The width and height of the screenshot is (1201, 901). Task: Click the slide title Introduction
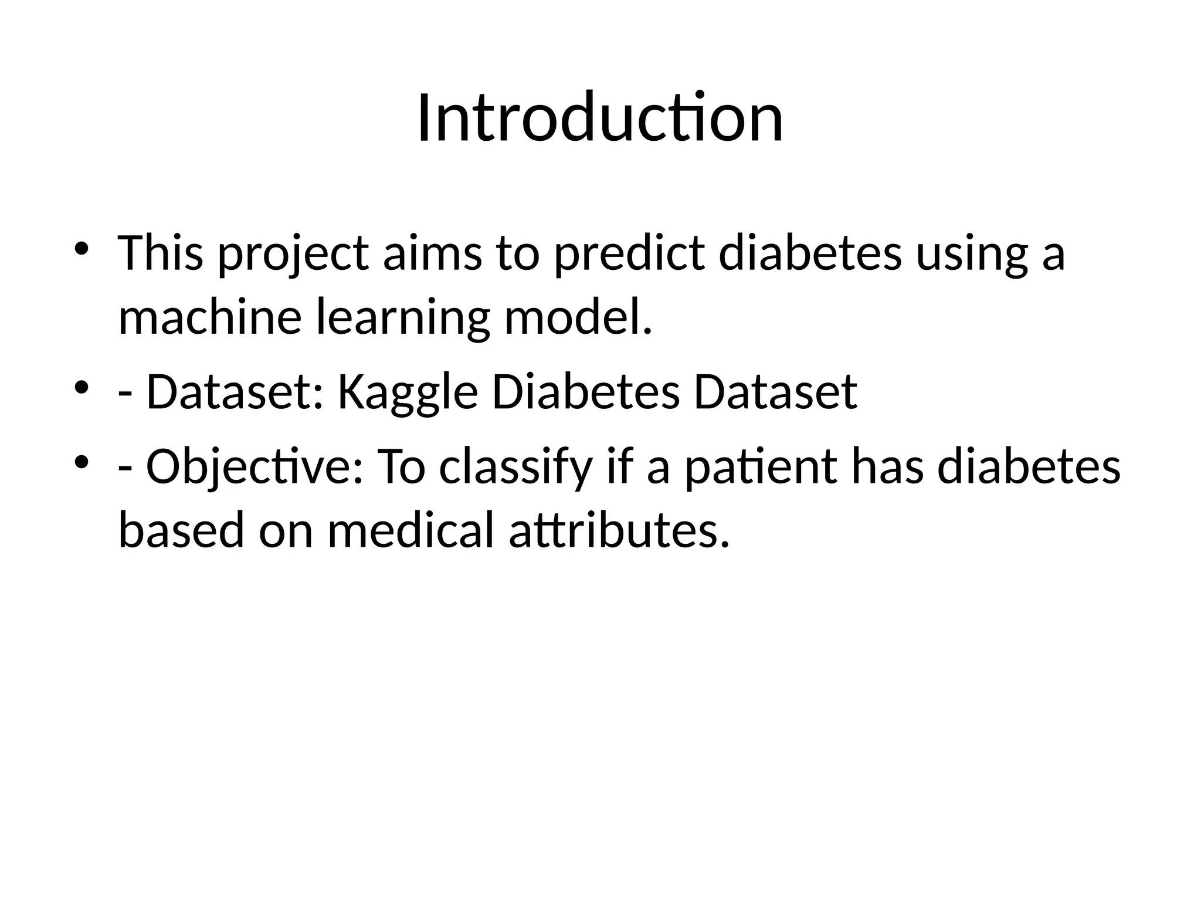[600, 120]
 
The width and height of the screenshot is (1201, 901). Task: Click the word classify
[515, 469]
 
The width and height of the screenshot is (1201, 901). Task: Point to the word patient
[761, 469]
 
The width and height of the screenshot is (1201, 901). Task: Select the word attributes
[619, 531]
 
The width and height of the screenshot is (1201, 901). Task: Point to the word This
[161, 255]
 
